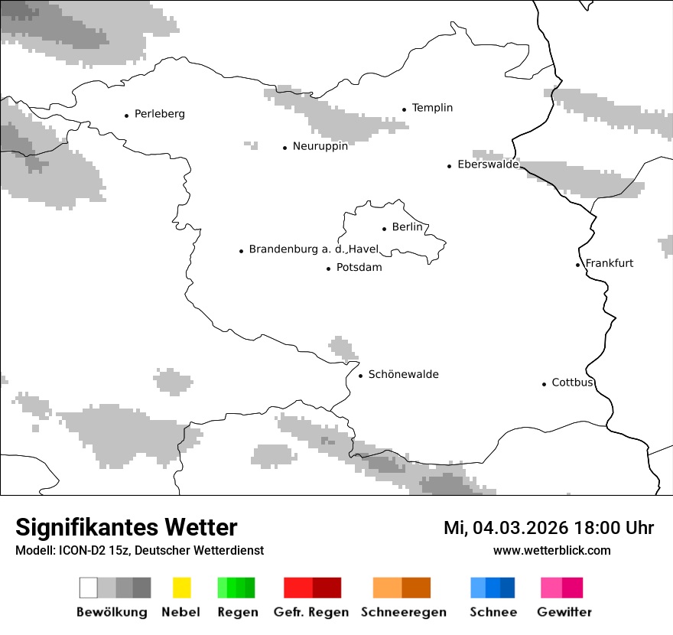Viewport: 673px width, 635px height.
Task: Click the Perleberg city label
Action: [x=159, y=114]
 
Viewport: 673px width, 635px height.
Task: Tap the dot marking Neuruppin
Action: [x=284, y=148]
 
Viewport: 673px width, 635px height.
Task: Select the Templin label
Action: [x=432, y=108]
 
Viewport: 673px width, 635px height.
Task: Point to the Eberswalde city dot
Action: [x=450, y=166]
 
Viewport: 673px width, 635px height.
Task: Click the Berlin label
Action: [x=407, y=227]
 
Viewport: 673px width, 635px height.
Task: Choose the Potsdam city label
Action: [x=359, y=268]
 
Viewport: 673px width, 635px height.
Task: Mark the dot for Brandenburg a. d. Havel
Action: [x=241, y=251]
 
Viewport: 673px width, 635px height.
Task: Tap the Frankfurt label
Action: [x=610, y=263]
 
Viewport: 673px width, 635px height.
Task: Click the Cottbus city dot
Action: [x=544, y=384]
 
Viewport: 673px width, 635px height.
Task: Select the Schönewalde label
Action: [x=403, y=374]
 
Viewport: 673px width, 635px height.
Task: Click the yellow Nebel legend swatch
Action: [x=181, y=588]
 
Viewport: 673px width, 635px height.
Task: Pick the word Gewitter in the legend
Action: [x=564, y=612]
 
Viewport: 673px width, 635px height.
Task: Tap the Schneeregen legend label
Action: [x=404, y=612]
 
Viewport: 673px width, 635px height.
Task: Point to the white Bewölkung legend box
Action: [x=89, y=588]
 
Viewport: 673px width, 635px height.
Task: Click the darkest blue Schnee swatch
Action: [x=507, y=588]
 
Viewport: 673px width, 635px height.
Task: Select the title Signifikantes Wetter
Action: [x=126, y=528]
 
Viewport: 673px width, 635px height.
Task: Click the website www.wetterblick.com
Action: [x=551, y=550]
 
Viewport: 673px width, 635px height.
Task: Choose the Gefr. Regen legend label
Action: [x=311, y=612]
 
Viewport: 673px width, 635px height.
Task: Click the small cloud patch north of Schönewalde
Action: [x=343, y=348]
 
